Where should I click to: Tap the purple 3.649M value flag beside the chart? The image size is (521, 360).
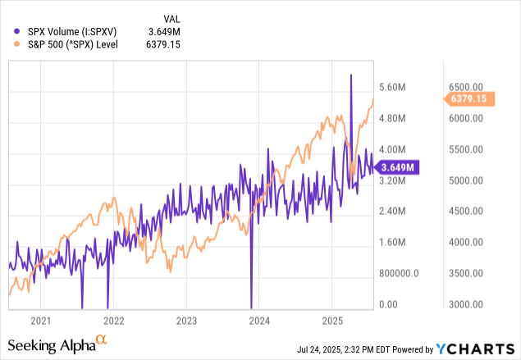[x=399, y=167]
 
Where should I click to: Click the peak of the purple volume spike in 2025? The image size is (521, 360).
[x=351, y=75]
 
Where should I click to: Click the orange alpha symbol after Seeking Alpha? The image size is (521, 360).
[x=102, y=339]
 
